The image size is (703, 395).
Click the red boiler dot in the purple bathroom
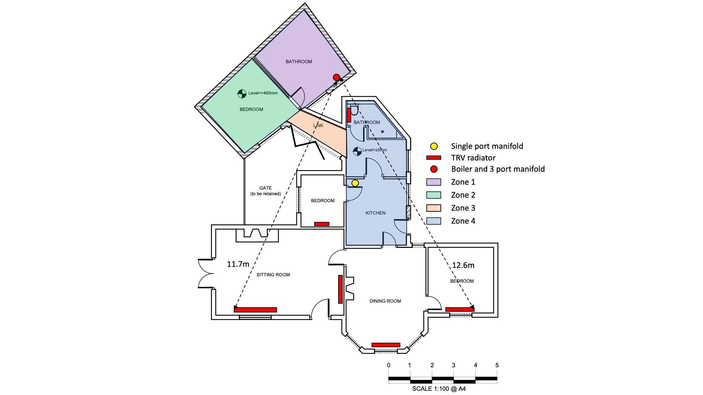(336, 77)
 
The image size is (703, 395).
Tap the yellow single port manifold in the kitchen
(355, 183)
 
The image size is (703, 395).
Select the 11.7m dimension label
(238, 264)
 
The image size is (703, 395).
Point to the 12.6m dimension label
(463, 265)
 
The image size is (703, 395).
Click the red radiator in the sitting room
(255, 310)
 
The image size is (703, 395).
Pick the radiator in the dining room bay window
(386, 345)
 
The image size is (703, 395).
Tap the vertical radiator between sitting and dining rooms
(340, 289)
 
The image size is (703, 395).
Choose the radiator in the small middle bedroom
(322, 224)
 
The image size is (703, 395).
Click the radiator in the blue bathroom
(349, 115)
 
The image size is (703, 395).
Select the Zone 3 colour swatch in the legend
(433, 208)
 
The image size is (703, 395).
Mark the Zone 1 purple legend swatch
(433, 182)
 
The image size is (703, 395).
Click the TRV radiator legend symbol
(433, 158)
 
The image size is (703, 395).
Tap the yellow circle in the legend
(434, 146)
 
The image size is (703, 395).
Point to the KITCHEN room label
(375, 213)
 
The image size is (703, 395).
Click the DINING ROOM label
(385, 301)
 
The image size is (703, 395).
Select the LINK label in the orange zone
(318, 125)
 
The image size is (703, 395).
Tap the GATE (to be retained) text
(266, 191)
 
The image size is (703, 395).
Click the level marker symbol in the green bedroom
(242, 93)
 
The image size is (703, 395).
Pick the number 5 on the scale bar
(497, 365)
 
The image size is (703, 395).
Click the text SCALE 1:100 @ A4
(439, 389)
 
